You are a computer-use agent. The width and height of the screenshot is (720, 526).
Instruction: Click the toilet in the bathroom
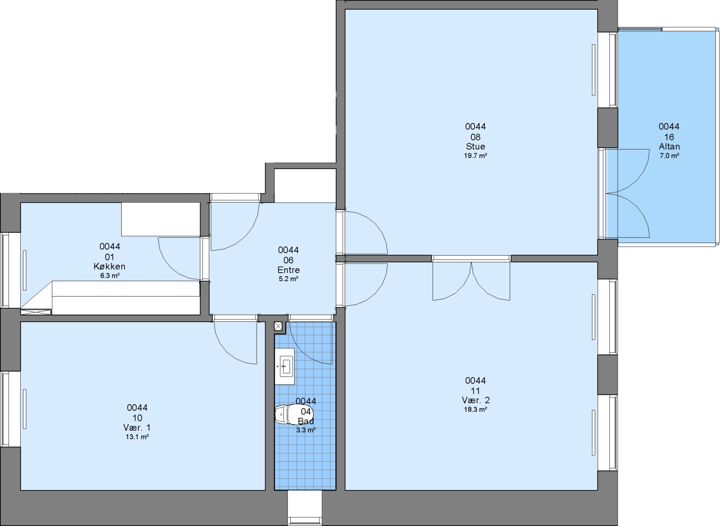[287, 415]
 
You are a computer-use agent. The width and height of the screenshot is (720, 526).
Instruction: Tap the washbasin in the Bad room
[285, 366]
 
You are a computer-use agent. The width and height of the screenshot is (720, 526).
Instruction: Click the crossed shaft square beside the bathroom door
[278, 326]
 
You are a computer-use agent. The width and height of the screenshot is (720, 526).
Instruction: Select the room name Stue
[476, 147]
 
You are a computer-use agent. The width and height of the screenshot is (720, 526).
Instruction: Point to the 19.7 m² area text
[476, 156]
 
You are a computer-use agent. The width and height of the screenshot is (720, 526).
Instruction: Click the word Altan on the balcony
[669, 147]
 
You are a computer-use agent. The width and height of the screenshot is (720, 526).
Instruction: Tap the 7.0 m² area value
[669, 156]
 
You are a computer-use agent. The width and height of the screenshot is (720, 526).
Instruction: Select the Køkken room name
[110, 266]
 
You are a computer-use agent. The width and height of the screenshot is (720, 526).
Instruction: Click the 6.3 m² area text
[110, 276]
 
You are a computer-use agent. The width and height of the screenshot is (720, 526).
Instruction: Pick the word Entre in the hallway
[289, 270]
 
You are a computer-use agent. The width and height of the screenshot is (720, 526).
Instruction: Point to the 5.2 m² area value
[288, 279]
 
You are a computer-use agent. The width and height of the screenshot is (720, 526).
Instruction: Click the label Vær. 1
[137, 428]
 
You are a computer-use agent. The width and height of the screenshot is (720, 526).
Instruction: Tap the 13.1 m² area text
[137, 437]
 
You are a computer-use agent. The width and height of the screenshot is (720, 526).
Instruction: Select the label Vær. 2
[476, 400]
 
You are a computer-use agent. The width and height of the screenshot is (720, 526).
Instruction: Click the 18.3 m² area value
[476, 410]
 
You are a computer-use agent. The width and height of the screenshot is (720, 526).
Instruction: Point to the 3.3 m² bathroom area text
[306, 430]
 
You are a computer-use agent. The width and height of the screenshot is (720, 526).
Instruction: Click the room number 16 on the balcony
[669, 137]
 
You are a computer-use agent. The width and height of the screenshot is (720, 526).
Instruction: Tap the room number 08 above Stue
[476, 137]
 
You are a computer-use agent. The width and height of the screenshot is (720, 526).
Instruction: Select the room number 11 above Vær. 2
[476, 391]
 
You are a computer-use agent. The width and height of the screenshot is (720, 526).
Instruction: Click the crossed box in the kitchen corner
[36, 312]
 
